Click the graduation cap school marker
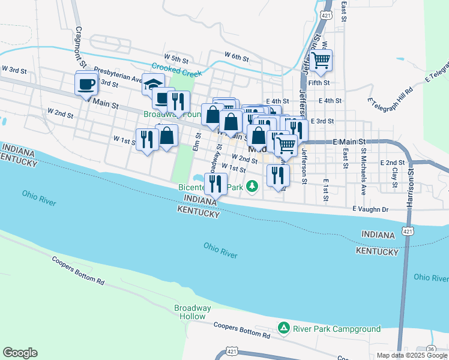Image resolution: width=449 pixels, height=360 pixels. (154, 85)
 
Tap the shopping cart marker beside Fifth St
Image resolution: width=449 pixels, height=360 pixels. (322, 60)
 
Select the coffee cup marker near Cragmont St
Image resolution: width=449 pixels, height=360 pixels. (86, 83)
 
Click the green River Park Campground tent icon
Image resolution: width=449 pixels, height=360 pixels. (283, 328)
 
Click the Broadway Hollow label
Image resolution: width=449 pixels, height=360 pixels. (193, 312)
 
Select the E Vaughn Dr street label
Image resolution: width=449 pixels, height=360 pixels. (371, 209)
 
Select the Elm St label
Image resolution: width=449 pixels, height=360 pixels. (196, 143)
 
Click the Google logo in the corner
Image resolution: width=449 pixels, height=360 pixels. (20, 353)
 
